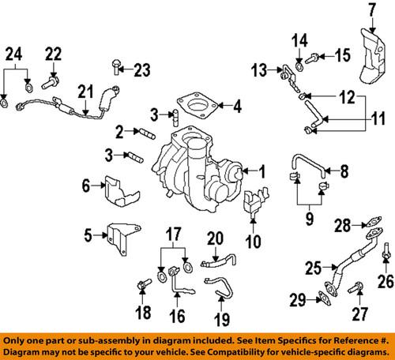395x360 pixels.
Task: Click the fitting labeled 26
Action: pos(385,257)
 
